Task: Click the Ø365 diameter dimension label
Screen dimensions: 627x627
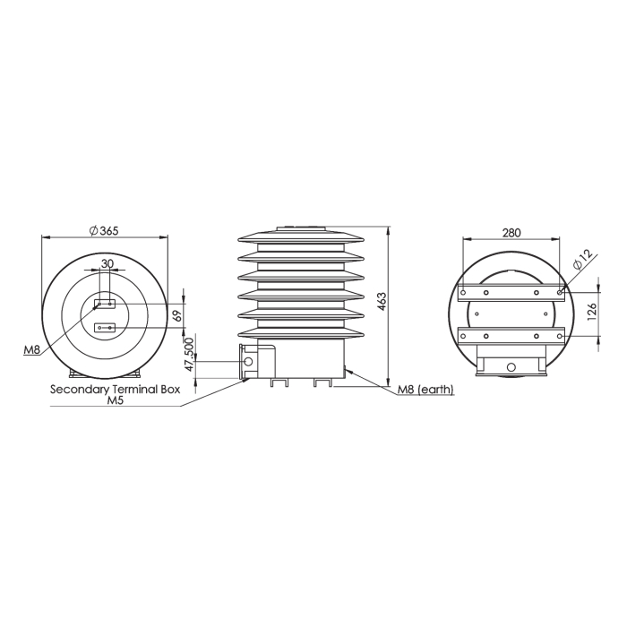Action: pyautogui.click(x=104, y=231)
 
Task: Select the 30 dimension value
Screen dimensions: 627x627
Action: pyautogui.click(x=107, y=263)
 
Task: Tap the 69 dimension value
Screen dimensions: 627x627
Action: pyautogui.click(x=178, y=315)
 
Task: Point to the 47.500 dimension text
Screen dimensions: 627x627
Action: pyautogui.click(x=189, y=355)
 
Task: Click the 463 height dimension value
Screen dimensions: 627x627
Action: pyautogui.click(x=382, y=302)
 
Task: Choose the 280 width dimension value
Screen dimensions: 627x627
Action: pyautogui.click(x=511, y=232)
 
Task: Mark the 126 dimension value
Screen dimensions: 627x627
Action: pyautogui.click(x=592, y=311)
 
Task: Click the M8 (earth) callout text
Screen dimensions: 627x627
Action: pyautogui.click(x=425, y=389)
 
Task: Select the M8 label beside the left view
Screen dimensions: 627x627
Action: pyautogui.click(x=32, y=350)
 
